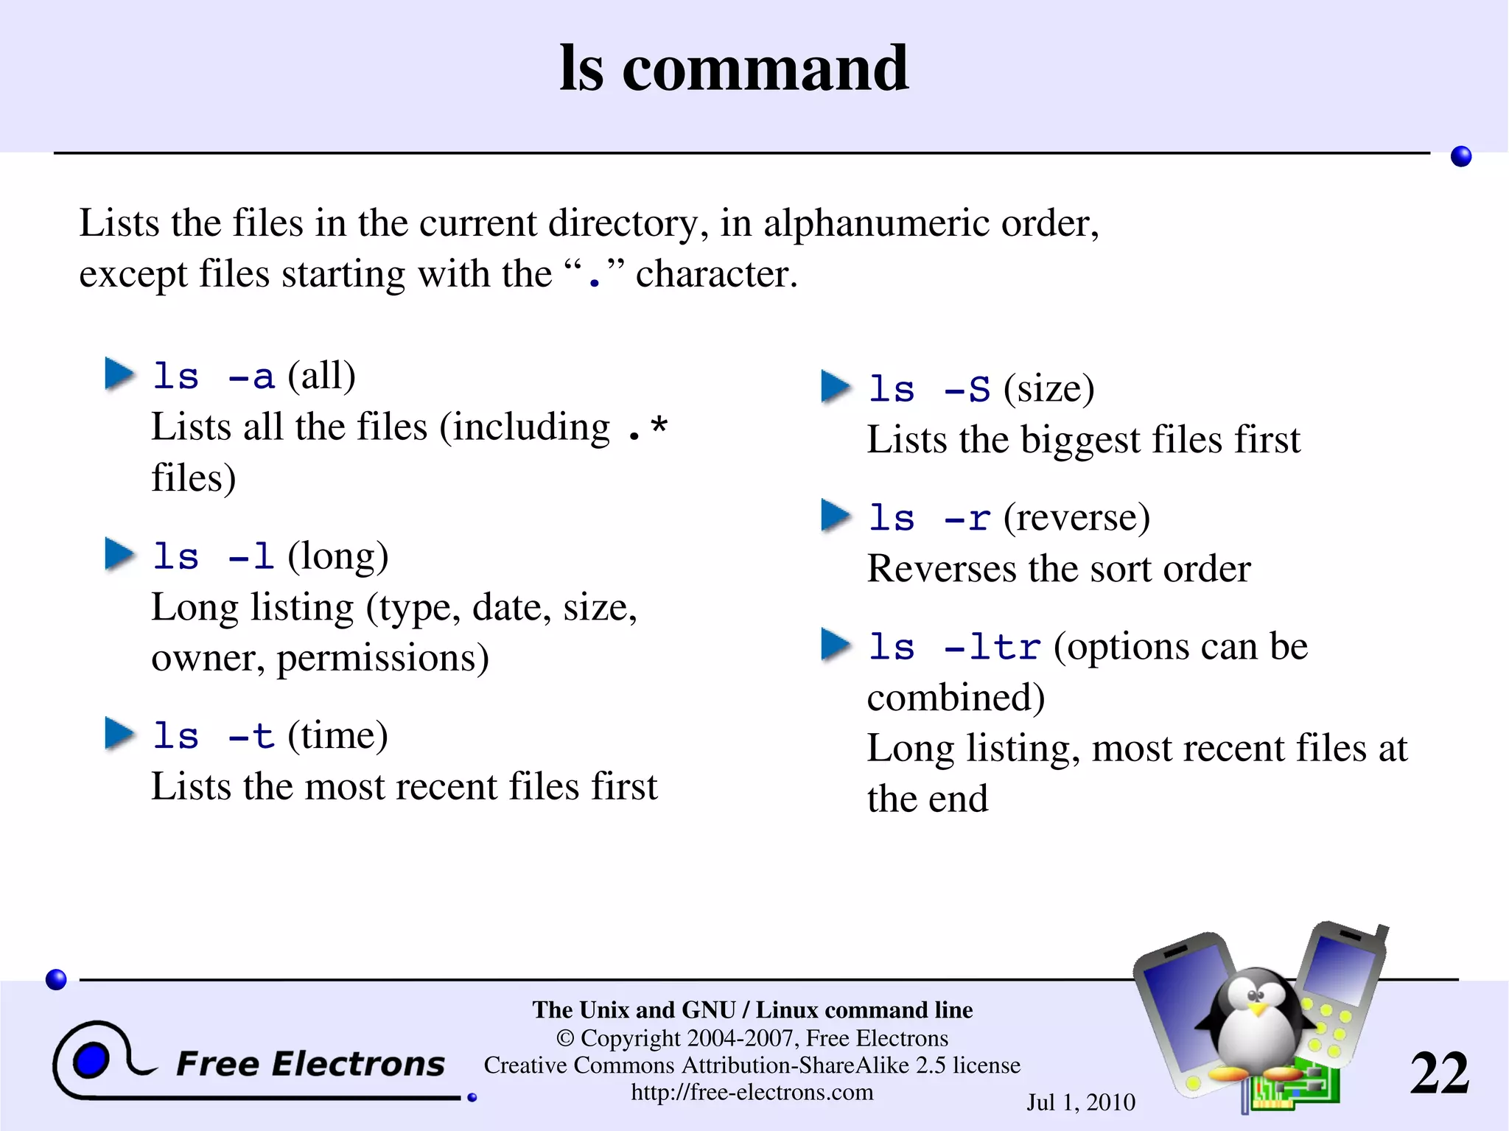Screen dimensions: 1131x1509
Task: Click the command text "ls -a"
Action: [213, 377]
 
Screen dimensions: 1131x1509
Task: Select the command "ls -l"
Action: [213, 556]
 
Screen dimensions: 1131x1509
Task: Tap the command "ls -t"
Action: [213, 736]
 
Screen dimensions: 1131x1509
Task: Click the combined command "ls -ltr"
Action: [953, 647]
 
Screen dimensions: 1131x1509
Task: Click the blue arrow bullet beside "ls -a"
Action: [119, 374]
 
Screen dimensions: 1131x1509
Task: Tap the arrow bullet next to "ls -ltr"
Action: [836, 645]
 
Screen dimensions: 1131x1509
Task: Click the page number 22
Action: [1439, 1074]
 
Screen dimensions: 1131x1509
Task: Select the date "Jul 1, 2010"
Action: [1081, 1102]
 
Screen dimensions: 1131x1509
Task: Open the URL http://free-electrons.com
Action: [752, 1092]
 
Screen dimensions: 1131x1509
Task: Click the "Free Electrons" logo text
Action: [310, 1064]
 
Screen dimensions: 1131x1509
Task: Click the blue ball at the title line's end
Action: [1461, 156]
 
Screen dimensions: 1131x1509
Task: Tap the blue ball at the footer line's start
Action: [56, 979]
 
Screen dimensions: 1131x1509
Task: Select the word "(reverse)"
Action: [1076, 517]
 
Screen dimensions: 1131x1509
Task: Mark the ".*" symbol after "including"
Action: [648, 428]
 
